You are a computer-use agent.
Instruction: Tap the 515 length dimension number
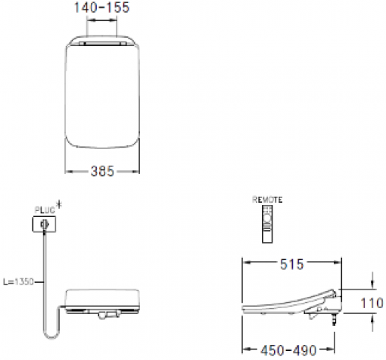(x=291, y=264)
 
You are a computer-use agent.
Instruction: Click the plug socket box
(x=43, y=225)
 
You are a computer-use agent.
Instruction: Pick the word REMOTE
(x=267, y=199)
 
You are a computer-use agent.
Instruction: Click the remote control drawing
(x=267, y=225)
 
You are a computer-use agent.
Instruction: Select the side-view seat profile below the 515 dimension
(x=291, y=304)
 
